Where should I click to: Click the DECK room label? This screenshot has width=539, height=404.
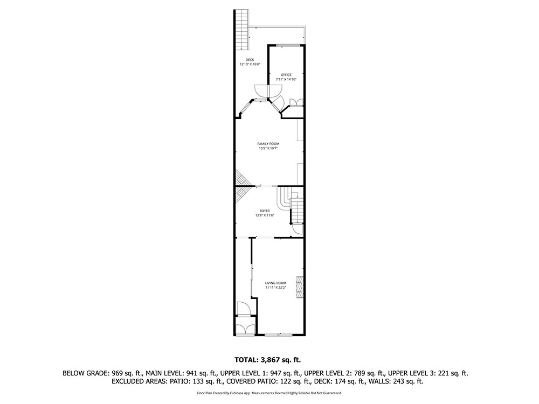click(x=250, y=60)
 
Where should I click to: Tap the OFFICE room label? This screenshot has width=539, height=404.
click(x=286, y=75)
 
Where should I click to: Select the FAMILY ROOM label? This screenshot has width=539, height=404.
click(x=268, y=144)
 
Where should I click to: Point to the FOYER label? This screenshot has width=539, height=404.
click(x=265, y=211)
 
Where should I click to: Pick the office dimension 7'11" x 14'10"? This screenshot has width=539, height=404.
click(x=286, y=79)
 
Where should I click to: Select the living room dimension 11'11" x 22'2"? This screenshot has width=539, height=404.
click(x=275, y=288)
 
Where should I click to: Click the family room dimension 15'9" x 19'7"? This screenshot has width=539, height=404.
click(x=268, y=149)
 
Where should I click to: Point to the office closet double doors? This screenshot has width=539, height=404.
click(x=296, y=102)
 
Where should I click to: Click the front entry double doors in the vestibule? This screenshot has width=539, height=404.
click(x=245, y=328)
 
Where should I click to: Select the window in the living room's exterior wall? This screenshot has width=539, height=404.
click(x=279, y=335)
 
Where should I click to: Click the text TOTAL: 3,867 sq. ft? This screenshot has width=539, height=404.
click(x=267, y=360)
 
